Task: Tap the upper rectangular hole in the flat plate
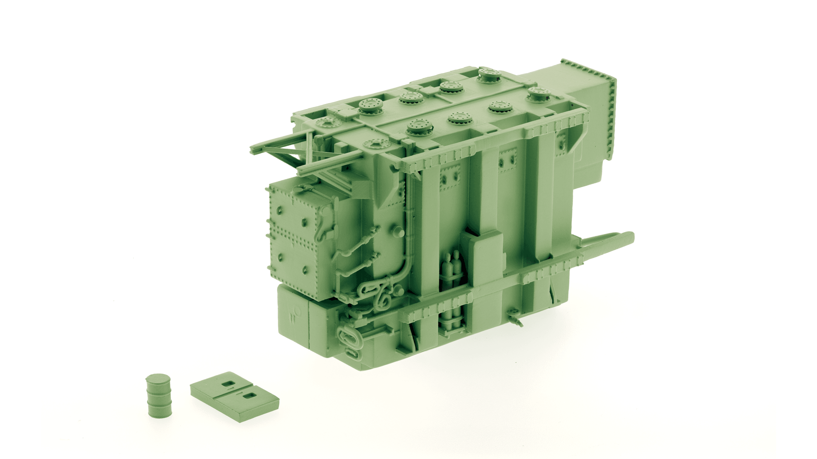pos(228,384)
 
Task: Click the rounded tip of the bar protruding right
pos(630,237)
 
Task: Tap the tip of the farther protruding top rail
pos(253,149)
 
